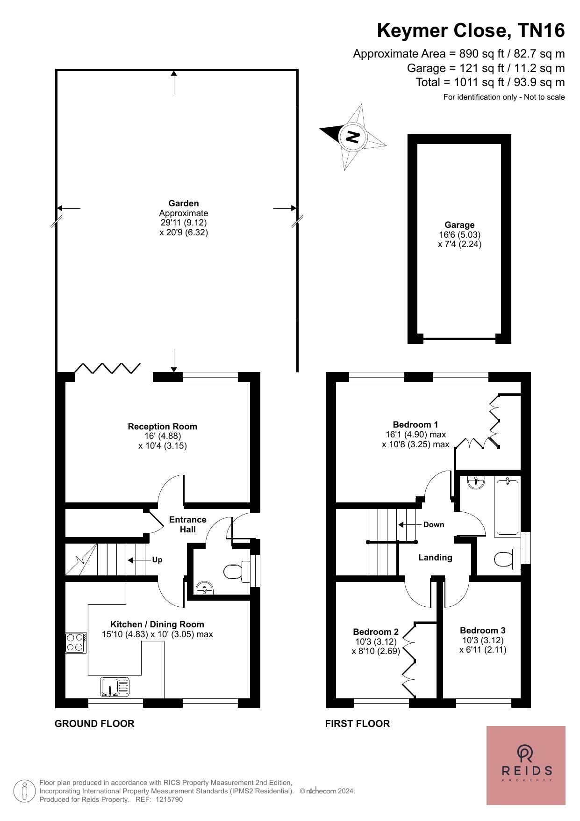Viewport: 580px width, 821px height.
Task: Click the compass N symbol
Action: pyautogui.click(x=352, y=137)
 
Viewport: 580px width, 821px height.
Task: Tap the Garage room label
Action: pyautogui.click(x=459, y=225)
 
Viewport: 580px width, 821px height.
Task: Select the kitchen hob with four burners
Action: pyautogui.click(x=76, y=642)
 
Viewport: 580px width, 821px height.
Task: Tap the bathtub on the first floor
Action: pyautogui.click(x=507, y=507)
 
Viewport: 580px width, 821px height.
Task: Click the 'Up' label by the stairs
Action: pyautogui.click(x=157, y=560)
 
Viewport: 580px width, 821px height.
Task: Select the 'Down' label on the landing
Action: pyautogui.click(x=434, y=524)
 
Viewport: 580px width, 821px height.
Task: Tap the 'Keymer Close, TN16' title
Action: pyautogui.click(x=471, y=30)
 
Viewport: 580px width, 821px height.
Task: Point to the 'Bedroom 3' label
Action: pyautogui.click(x=483, y=630)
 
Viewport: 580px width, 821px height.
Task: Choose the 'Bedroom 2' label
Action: pyautogui.click(x=376, y=632)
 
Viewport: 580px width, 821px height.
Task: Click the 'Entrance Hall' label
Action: pyautogui.click(x=187, y=524)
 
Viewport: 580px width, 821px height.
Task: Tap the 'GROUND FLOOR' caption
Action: pyautogui.click(x=94, y=724)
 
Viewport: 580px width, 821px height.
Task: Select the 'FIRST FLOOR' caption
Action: pyautogui.click(x=358, y=724)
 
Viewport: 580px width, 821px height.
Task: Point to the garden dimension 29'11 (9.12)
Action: pyautogui.click(x=184, y=223)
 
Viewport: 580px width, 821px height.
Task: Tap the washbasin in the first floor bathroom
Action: pyautogui.click(x=476, y=482)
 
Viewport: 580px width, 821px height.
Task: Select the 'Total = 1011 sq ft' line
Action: pyautogui.click(x=490, y=82)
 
